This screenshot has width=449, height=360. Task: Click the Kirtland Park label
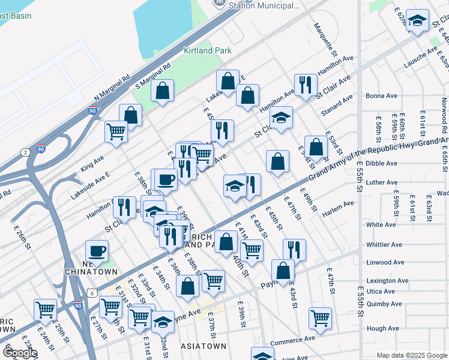(x=207, y=51)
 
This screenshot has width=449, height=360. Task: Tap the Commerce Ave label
(x=292, y=339)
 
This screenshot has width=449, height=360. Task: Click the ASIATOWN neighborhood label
(x=204, y=346)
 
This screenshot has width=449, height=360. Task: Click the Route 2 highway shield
(x=25, y=152)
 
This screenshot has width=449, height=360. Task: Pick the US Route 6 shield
(x=91, y=292)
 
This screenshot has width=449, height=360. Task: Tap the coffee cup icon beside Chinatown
(x=97, y=250)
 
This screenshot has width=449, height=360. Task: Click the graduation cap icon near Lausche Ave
(x=417, y=21)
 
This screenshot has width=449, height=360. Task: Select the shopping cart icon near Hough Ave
(x=321, y=316)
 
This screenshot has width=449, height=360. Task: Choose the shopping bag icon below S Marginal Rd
(x=162, y=91)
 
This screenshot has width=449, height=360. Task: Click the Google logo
(x=20, y=353)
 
